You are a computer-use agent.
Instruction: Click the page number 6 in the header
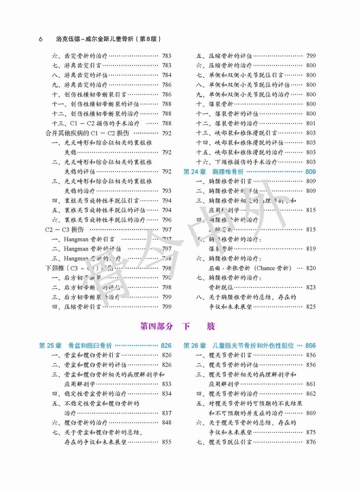pos(41,39)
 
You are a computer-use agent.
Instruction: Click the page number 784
pos(167,75)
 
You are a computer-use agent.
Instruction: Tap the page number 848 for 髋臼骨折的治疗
pos(167,423)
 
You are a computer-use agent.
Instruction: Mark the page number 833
pos(167,384)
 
